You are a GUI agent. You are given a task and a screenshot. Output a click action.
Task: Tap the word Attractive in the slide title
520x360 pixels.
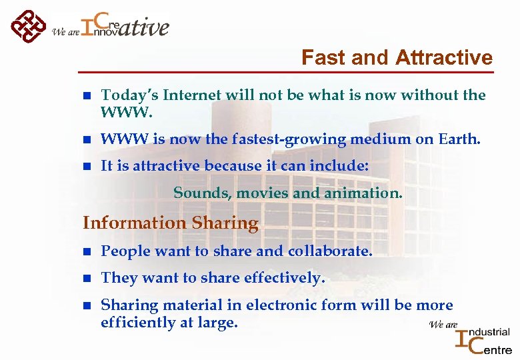tap(444, 58)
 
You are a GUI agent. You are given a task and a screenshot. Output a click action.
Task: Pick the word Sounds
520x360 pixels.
tap(197, 193)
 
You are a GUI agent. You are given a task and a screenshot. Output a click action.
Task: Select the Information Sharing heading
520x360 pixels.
tap(170, 223)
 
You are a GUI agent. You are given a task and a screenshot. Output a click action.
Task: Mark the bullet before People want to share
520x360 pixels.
tap(86, 252)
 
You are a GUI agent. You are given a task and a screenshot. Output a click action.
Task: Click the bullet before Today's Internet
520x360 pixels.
tap(86, 96)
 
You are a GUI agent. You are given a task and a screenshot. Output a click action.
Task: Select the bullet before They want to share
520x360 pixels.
tap(86, 279)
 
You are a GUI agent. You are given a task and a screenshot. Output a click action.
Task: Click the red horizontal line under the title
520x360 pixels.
tap(286, 71)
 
